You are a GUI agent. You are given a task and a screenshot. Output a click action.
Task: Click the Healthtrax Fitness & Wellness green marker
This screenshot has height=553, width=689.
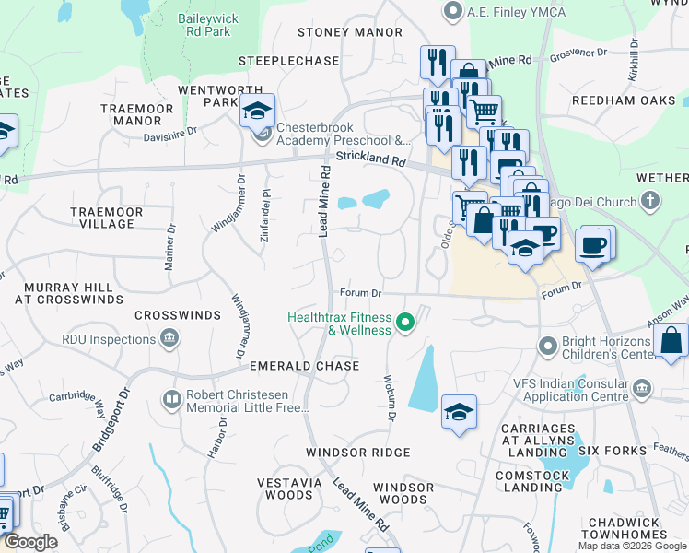point(403,323)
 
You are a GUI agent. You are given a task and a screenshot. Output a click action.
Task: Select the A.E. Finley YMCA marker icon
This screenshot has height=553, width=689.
point(451,12)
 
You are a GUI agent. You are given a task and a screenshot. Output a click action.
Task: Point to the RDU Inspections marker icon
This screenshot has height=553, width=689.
point(169,339)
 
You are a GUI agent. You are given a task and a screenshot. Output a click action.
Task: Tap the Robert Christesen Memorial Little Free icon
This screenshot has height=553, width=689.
point(172,399)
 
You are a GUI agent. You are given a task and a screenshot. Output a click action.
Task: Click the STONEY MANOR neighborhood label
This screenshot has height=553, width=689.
point(337,32)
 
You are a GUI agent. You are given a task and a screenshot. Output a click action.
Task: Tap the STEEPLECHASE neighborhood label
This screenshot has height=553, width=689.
point(288,61)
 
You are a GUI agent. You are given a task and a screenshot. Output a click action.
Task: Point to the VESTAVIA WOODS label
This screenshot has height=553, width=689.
point(285,488)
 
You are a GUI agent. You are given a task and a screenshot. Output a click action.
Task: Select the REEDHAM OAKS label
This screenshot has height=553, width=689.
point(624,100)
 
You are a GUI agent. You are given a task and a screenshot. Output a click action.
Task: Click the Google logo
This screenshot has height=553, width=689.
point(30,542)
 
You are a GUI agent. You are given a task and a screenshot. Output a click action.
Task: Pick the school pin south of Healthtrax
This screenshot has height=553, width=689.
point(458,412)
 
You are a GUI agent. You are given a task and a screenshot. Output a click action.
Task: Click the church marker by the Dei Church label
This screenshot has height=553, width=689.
point(649,200)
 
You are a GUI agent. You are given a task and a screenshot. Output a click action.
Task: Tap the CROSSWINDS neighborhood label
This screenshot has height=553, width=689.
point(178,315)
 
